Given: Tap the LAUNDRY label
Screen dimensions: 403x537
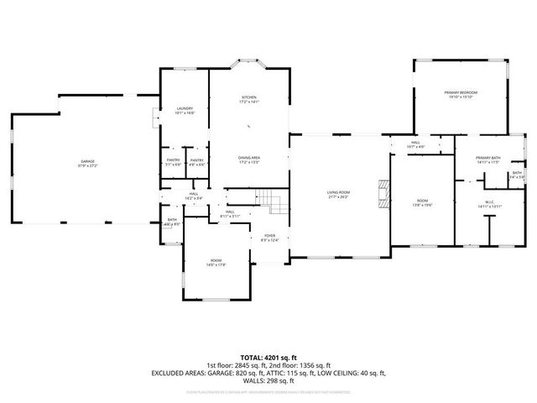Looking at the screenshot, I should coord(185,109).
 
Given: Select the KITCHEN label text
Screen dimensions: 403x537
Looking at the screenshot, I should coord(249,97).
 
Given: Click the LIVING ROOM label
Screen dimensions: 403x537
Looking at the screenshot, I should coord(338,192).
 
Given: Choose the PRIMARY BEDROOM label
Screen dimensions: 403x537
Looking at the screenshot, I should coord(461,92).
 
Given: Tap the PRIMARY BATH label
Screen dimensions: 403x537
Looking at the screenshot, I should coord(487,158).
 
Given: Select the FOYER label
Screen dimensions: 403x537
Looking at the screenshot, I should coord(269,236).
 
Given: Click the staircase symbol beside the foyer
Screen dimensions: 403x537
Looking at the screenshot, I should coord(269,201).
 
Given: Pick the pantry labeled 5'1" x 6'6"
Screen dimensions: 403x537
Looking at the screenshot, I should coord(173,162).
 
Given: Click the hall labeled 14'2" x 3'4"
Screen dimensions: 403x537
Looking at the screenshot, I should coord(193,196).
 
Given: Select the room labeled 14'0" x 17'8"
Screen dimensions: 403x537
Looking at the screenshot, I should coord(216,263).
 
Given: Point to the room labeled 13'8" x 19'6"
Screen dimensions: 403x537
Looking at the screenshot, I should coord(422,201).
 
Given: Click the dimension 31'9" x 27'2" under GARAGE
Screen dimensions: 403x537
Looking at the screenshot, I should coord(88,165).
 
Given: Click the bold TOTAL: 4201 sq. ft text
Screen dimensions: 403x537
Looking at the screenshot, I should coord(268,357).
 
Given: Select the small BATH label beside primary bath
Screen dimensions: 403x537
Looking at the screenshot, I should coord(517,173).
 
